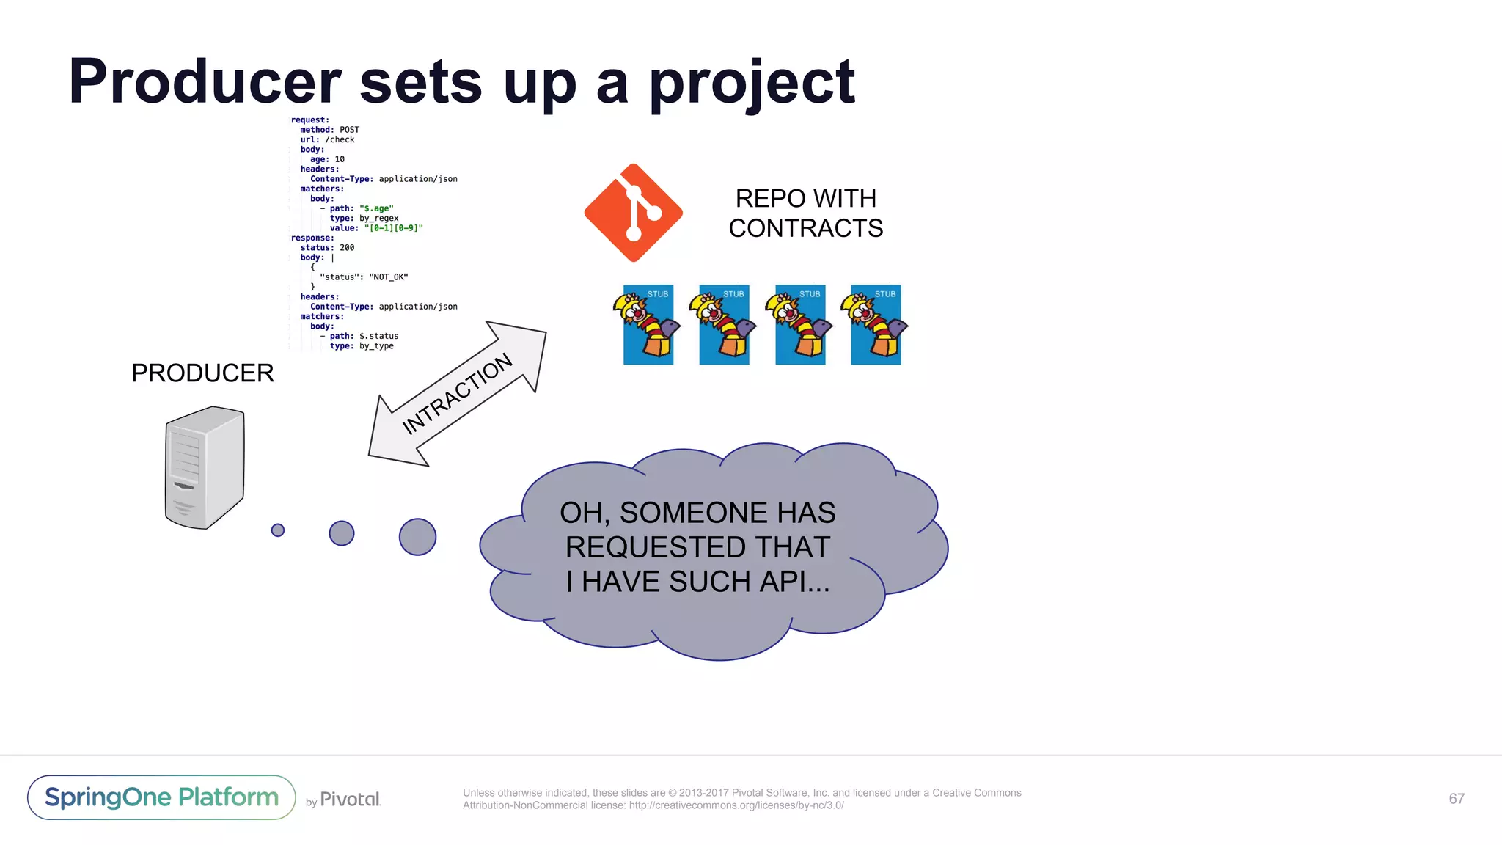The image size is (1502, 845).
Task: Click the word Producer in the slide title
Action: pyautogui.click(x=205, y=82)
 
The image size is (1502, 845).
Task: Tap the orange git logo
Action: pyautogui.click(x=634, y=213)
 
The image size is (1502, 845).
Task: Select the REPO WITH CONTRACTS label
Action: pyautogui.click(x=805, y=213)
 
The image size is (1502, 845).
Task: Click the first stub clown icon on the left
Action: pyautogui.click(x=648, y=325)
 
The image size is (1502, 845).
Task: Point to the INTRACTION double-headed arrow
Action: pyautogui.click(x=458, y=394)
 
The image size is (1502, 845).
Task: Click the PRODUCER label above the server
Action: pyautogui.click(x=202, y=373)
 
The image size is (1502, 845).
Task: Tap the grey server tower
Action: pyautogui.click(x=205, y=467)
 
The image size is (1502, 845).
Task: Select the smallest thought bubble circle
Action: pyautogui.click(x=278, y=530)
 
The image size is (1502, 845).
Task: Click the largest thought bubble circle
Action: pyautogui.click(x=417, y=537)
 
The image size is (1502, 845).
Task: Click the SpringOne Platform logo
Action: pyautogui.click(x=161, y=797)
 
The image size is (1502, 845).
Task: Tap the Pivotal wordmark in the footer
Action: pyautogui.click(x=350, y=800)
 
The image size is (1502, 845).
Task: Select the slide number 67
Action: pyautogui.click(x=1457, y=799)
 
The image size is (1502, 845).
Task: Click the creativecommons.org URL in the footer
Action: pyautogui.click(x=736, y=805)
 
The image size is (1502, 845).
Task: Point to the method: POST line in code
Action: pyautogui.click(x=329, y=130)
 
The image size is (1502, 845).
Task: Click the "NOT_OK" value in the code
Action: pyautogui.click(x=388, y=277)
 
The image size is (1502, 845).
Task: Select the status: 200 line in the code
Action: pyautogui.click(x=327, y=248)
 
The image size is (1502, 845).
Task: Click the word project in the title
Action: pyautogui.click(x=752, y=82)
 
